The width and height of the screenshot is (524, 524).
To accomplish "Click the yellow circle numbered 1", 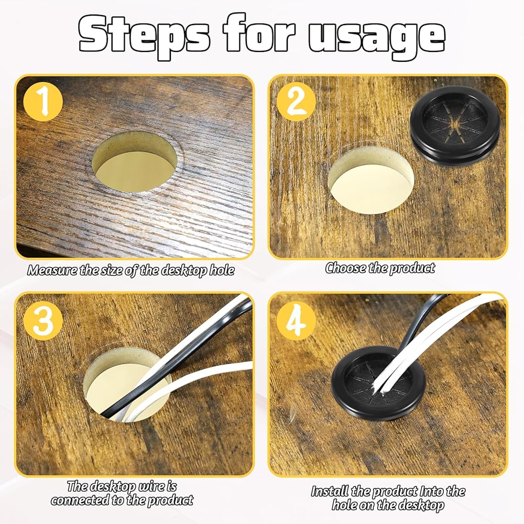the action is click(x=43, y=102).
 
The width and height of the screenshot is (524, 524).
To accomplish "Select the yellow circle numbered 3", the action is click(x=43, y=321).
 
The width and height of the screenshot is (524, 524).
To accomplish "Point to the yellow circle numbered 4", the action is click(x=296, y=321).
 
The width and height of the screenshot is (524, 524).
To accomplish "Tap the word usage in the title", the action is click(x=377, y=37).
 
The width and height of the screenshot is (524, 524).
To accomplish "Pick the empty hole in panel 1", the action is click(x=134, y=162).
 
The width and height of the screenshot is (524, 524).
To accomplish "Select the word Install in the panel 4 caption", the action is click(x=330, y=492).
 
